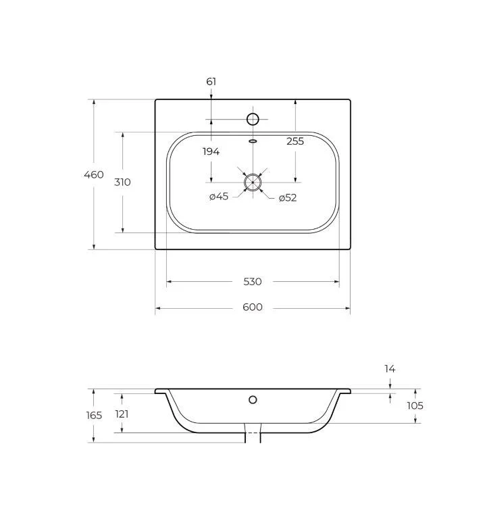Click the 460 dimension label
tap(94, 174)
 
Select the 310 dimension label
tap(122, 182)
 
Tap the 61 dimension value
tap(211, 81)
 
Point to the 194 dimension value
tap(211, 151)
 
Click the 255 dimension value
tap(295, 141)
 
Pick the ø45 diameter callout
tap(219, 197)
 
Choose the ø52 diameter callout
tap(288, 198)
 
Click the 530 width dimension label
tap(253, 282)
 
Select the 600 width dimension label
tap(253, 307)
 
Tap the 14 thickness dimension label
tap(390, 369)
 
